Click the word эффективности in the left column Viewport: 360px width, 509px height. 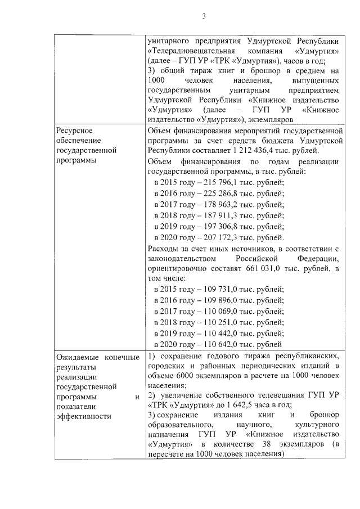[x=83, y=417]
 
